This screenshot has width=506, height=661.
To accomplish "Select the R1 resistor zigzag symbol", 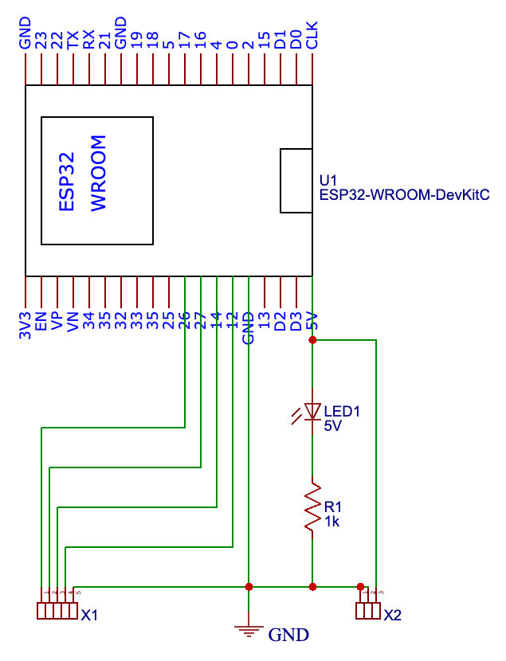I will [312, 506].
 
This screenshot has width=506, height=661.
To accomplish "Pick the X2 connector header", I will [367, 611].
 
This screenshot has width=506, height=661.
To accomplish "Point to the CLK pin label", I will [313, 35].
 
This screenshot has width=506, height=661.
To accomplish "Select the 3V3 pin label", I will [25, 326].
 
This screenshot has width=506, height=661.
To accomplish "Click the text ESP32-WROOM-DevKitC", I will [403, 194].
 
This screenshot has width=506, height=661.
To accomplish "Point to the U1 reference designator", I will [328, 179].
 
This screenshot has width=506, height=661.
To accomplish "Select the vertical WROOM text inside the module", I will [98, 174].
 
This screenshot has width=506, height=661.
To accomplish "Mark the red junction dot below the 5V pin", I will [312, 340].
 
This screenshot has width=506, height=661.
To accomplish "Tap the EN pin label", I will [41, 323].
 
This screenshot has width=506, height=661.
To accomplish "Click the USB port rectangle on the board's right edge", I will [296, 181].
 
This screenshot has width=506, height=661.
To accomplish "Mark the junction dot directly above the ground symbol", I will [249, 586].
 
